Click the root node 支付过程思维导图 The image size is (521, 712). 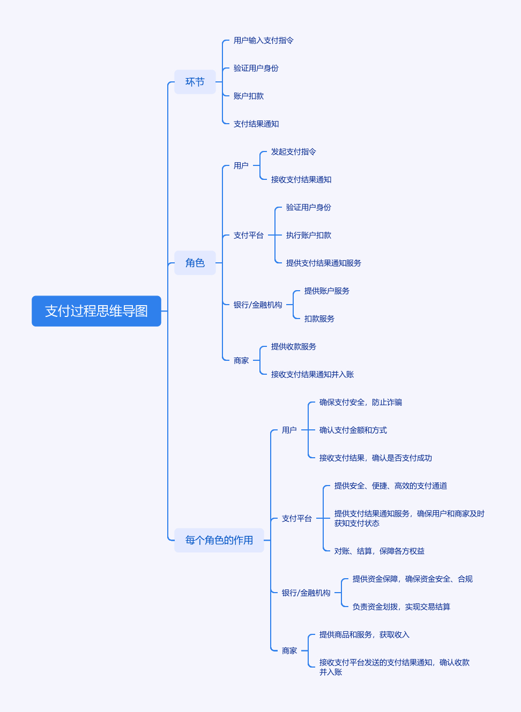(x=96, y=311)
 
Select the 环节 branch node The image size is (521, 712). (x=195, y=82)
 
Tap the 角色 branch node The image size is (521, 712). (x=195, y=263)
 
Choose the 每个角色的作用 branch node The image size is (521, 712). (x=219, y=540)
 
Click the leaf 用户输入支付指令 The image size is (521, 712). (x=263, y=41)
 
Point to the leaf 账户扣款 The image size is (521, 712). (x=249, y=96)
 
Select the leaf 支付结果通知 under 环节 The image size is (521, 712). (x=256, y=124)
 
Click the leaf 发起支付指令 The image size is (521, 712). (x=294, y=152)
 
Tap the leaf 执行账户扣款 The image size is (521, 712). (x=309, y=236)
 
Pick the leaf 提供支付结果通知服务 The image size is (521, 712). (x=324, y=263)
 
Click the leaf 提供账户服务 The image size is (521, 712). (x=327, y=291)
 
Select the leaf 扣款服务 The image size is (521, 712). (x=319, y=319)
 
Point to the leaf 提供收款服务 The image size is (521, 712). (x=294, y=347)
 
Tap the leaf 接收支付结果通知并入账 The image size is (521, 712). (x=312, y=375)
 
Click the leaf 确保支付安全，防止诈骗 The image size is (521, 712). (x=361, y=403)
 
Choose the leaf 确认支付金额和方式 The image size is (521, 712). (x=353, y=430)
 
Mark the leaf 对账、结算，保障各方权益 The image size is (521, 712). (x=379, y=551)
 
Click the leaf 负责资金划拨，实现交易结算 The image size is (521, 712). (x=401, y=607)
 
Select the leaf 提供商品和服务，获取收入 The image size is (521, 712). (x=364, y=635)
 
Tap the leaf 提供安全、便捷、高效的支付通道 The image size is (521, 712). (x=391, y=486)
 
